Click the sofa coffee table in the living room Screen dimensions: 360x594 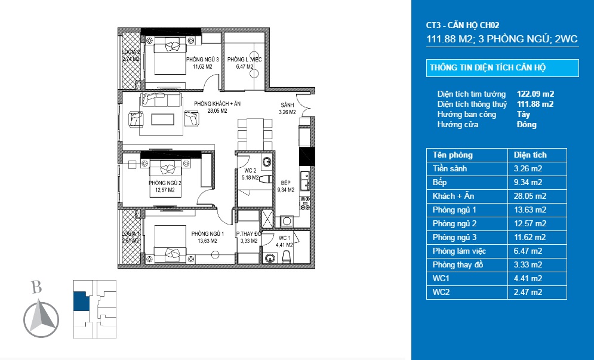[x=164, y=118]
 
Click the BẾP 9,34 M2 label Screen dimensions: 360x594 [x=286, y=187]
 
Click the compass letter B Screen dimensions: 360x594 [x=36, y=288]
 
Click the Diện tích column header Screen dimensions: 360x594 [x=530, y=155]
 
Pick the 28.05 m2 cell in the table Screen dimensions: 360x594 [x=528, y=196]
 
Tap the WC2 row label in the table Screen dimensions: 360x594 [x=441, y=292]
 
